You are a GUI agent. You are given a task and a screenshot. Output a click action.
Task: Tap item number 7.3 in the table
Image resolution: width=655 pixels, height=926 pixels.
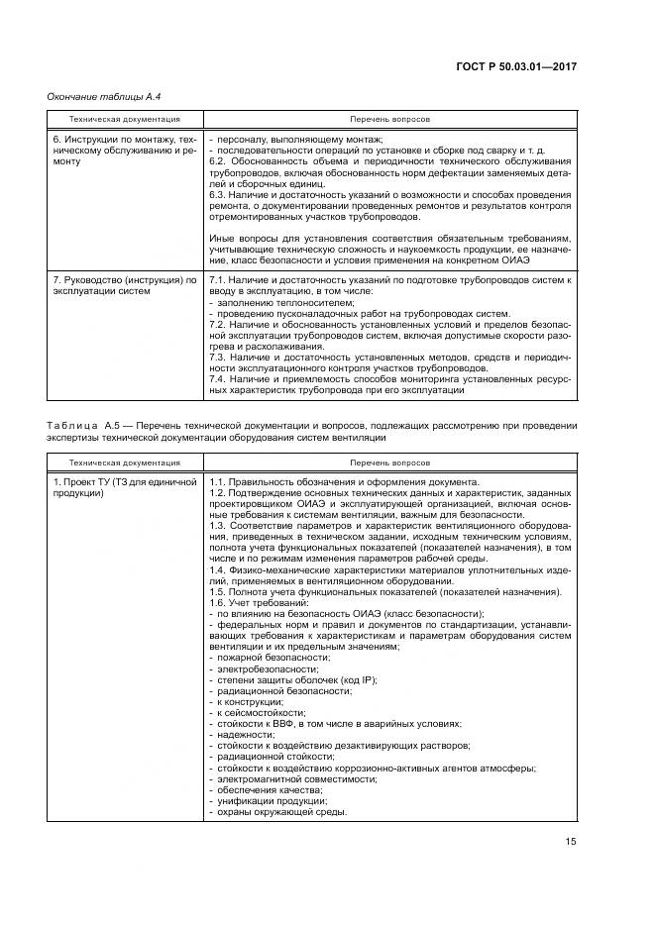(219, 367)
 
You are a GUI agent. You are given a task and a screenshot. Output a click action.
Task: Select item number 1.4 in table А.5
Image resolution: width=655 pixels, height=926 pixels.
(219, 572)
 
